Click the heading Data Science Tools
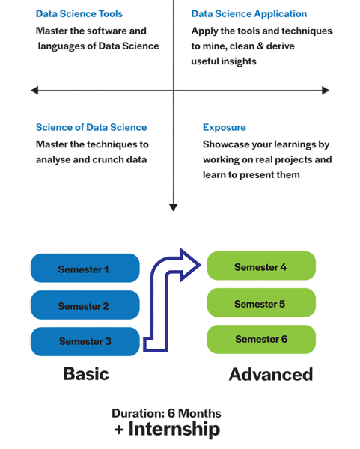(79, 13)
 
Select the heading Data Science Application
(249, 13)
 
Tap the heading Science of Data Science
(91, 127)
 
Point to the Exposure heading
(225, 128)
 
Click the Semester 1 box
(85, 268)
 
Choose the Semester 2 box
(85, 305)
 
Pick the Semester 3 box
(85, 342)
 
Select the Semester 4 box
(261, 266)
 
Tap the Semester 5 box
(261, 302)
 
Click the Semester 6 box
(261, 339)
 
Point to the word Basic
(86, 374)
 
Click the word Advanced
(271, 374)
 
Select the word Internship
(174, 429)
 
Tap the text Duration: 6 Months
(166, 413)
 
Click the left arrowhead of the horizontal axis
(34, 91)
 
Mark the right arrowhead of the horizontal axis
(326, 91)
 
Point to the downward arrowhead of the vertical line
(174, 207)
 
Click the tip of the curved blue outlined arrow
(201, 265)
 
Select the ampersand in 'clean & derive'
(260, 46)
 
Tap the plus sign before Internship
(119, 430)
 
